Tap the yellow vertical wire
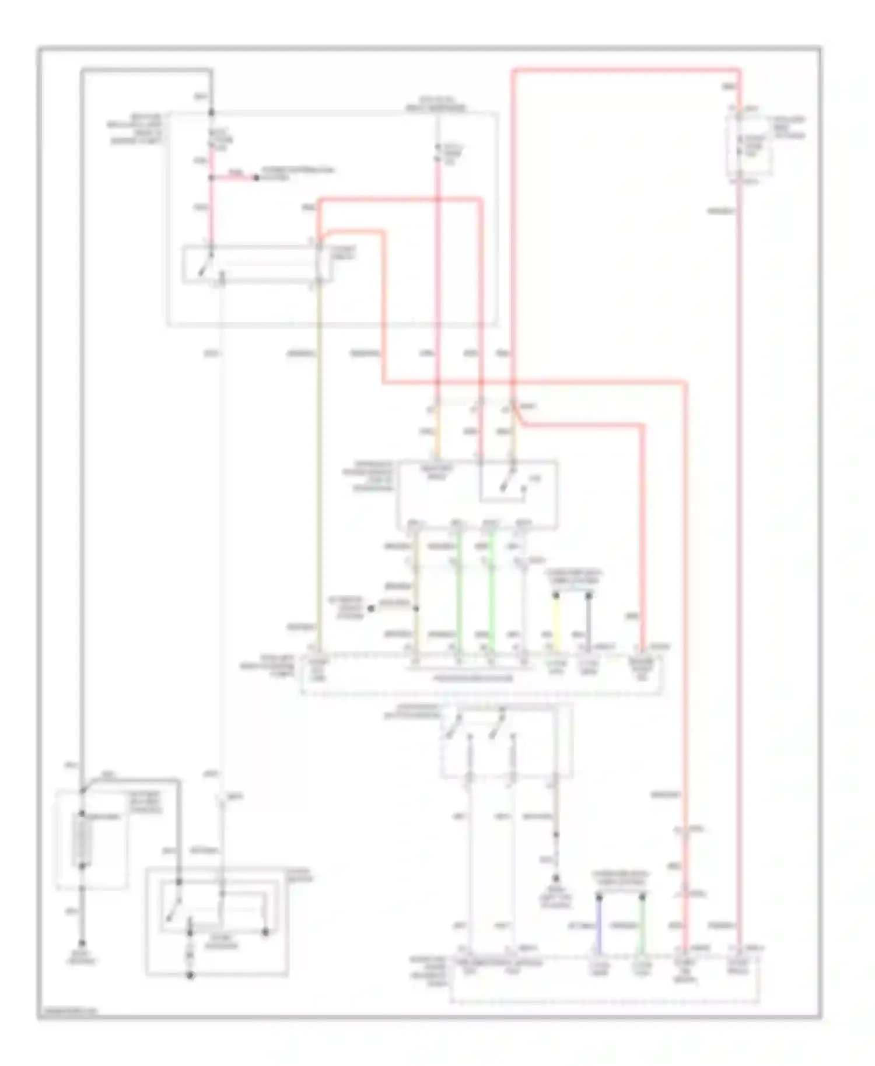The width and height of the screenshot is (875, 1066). pyautogui.click(x=556, y=623)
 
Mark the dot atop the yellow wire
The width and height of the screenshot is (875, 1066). pyautogui.click(x=556, y=595)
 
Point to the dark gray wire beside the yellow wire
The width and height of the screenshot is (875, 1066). pyautogui.click(x=589, y=623)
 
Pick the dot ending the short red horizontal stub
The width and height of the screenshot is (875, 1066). pyautogui.click(x=256, y=177)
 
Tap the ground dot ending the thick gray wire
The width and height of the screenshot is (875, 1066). pyautogui.click(x=82, y=943)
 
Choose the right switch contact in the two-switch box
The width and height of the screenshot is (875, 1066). pyautogui.click(x=496, y=727)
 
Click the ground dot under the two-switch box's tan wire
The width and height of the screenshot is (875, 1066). pyautogui.click(x=556, y=878)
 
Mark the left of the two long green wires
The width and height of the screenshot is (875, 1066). pyautogui.click(x=459, y=589)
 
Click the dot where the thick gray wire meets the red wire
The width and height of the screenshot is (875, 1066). pyautogui.click(x=211, y=113)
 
